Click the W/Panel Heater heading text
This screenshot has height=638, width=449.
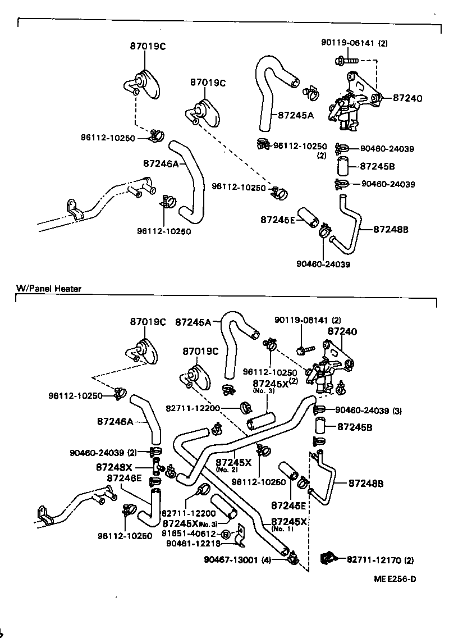point(49,289)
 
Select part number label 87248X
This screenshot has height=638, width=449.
point(114,467)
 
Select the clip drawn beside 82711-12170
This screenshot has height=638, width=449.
point(327,558)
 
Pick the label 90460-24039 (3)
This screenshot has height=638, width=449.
point(369,411)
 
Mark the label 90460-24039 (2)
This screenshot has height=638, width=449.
point(103,452)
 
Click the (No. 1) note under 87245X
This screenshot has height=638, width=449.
point(282,529)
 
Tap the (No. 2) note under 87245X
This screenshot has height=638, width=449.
point(227,470)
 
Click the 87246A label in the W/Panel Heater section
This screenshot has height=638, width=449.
point(115,421)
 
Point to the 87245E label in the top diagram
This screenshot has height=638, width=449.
point(277,220)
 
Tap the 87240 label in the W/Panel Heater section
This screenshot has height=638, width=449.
point(343,332)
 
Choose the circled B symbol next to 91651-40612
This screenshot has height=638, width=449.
point(225,534)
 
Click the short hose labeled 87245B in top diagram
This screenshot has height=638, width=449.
point(343,167)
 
